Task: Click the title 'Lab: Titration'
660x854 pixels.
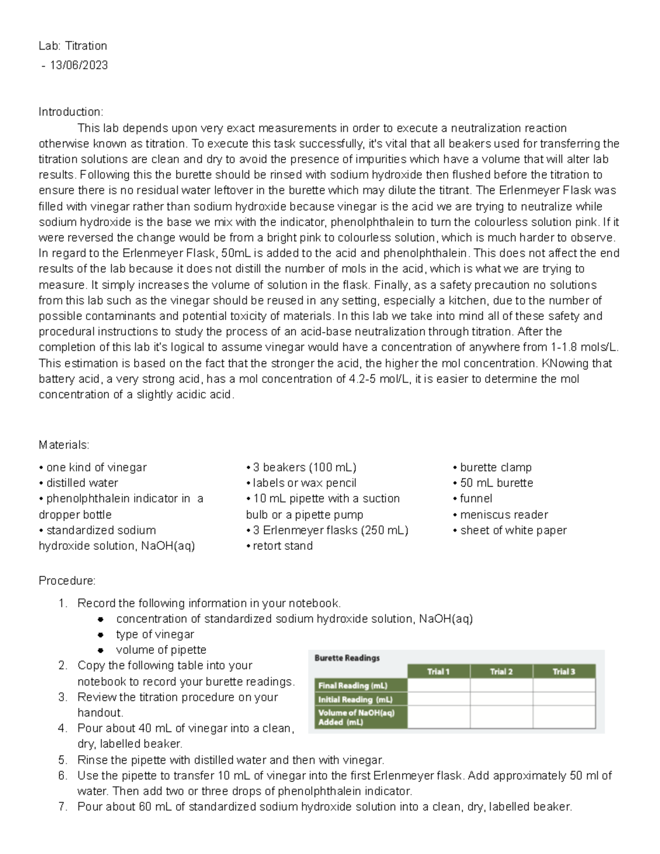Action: (x=73, y=46)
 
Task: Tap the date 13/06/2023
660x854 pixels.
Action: (x=79, y=65)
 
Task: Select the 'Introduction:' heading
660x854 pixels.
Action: (x=70, y=112)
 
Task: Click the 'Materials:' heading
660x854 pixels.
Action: (x=64, y=444)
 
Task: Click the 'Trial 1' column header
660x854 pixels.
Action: (x=438, y=671)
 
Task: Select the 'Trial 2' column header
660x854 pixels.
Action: (x=501, y=671)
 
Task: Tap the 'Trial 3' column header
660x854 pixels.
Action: (x=564, y=671)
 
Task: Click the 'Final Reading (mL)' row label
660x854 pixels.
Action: (x=353, y=686)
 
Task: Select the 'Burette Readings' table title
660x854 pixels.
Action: (x=347, y=658)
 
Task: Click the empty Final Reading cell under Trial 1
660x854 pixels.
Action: (x=438, y=685)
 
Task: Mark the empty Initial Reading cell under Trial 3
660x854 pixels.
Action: (x=564, y=699)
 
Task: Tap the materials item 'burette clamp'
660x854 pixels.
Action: (x=495, y=467)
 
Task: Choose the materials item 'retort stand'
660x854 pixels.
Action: (x=282, y=546)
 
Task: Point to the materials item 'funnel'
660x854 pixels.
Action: (x=476, y=498)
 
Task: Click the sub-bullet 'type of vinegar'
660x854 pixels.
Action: (x=155, y=634)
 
